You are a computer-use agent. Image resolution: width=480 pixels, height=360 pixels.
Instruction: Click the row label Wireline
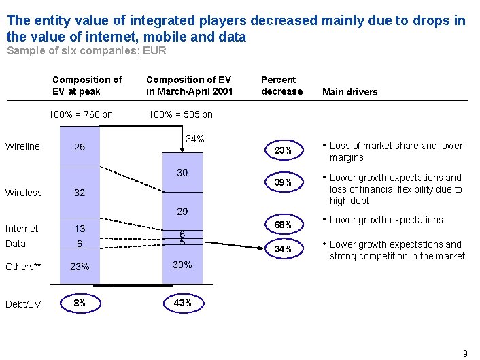(x=22, y=146)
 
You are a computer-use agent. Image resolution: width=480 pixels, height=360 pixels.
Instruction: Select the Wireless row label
(x=24, y=193)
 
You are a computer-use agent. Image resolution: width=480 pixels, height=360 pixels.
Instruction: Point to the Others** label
(x=24, y=267)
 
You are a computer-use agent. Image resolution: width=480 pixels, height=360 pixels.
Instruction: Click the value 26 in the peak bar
(x=80, y=147)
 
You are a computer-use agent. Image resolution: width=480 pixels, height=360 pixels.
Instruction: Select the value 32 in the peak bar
(x=80, y=193)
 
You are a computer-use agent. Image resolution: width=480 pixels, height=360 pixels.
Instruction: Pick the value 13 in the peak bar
(x=80, y=229)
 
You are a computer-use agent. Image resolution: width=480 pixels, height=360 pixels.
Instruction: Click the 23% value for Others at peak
(x=80, y=267)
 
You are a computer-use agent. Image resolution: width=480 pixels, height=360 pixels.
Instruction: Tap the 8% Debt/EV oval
(x=80, y=303)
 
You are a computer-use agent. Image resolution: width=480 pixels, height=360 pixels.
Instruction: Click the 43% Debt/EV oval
(x=182, y=303)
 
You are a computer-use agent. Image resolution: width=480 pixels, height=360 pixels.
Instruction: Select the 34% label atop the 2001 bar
(x=194, y=140)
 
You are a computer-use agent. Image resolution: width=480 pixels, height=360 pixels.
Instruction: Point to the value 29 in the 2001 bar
(x=182, y=212)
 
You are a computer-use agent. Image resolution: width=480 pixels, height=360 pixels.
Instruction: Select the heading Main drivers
(x=349, y=92)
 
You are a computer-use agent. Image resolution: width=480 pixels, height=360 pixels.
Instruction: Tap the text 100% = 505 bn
(x=180, y=114)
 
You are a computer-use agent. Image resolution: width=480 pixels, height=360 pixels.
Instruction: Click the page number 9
(x=465, y=353)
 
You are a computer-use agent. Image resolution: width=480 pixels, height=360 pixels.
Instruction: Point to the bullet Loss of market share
(x=395, y=151)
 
